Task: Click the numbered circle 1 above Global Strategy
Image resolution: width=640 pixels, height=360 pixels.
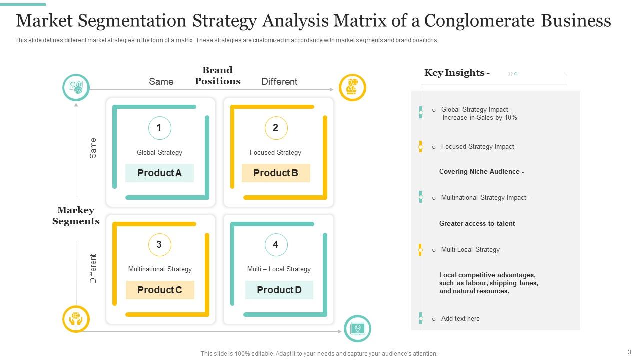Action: click(x=160, y=128)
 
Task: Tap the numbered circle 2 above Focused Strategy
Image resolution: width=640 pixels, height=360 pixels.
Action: click(x=276, y=128)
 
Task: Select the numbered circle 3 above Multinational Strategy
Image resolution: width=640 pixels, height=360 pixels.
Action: click(x=160, y=245)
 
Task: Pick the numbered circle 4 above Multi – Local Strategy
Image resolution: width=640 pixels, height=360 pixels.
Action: click(x=276, y=245)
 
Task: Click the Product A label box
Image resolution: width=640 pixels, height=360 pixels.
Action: click(x=159, y=173)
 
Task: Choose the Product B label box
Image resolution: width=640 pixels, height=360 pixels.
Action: click(x=276, y=173)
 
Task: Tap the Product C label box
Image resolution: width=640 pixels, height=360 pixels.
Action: click(x=160, y=290)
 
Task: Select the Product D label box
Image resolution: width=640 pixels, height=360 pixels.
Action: click(x=279, y=290)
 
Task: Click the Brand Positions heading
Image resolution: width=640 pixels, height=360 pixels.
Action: click(x=218, y=76)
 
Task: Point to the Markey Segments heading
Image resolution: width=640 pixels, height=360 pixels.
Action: click(x=76, y=216)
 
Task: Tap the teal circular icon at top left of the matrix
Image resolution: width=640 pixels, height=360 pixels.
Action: click(x=76, y=88)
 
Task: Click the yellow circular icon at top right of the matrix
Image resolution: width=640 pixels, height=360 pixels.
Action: click(x=352, y=88)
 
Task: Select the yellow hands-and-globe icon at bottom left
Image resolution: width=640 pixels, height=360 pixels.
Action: click(x=76, y=319)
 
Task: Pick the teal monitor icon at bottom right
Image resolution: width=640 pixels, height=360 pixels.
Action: click(x=357, y=328)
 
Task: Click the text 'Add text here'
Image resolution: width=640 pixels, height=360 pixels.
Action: click(x=460, y=318)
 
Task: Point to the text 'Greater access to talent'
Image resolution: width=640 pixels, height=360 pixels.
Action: click(x=477, y=223)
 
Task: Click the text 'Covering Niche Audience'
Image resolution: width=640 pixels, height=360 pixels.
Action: click(x=480, y=171)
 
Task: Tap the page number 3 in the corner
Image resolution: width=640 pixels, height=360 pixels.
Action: click(x=629, y=352)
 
